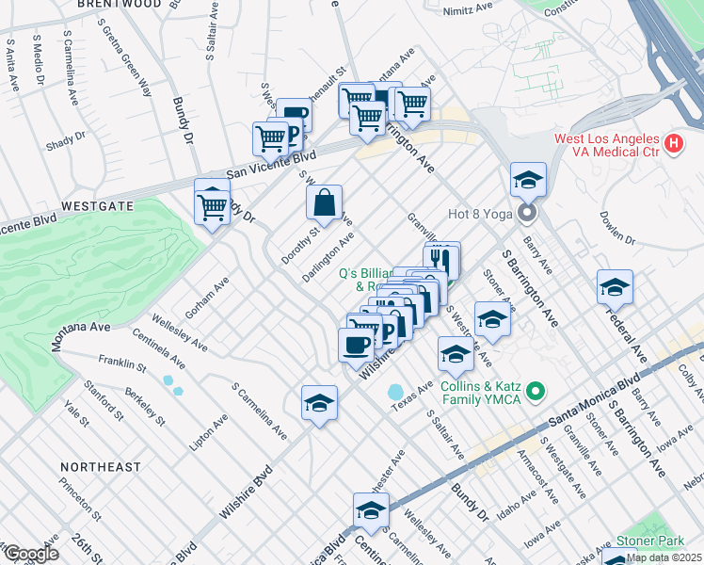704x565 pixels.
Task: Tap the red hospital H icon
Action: click(x=673, y=144)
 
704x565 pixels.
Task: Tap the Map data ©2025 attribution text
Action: click(x=664, y=557)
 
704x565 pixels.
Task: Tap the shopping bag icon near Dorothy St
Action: click(x=324, y=202)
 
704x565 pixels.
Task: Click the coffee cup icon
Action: click(x=356, y=345)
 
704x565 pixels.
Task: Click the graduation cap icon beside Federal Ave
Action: click(x=615, y=287)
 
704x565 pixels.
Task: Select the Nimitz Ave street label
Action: click(x=472, y=8)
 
